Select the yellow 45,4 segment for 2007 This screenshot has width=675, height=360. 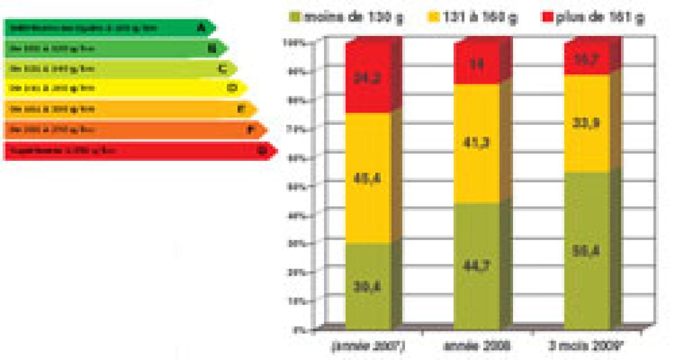[368, 178]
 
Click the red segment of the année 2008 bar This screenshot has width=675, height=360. [476, 63]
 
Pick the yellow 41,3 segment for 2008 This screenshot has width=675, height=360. [476, 143]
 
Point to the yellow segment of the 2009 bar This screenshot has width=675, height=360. [587, 123]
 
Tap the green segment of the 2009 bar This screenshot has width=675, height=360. [587, 250]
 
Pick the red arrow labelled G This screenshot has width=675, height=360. [138, 151]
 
